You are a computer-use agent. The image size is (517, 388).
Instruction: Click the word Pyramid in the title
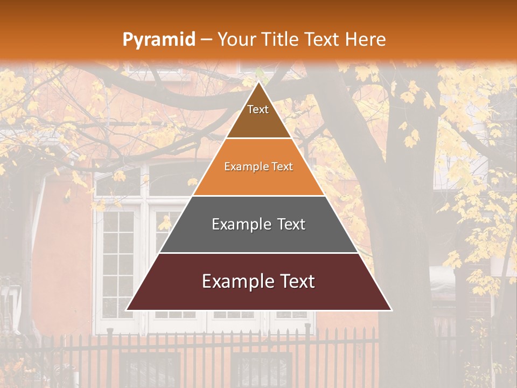tap(158, 40)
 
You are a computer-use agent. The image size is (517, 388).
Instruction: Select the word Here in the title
tap(366, 39)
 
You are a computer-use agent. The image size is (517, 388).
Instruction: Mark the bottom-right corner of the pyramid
tap(391, 310)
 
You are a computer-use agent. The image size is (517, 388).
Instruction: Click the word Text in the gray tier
tap(291, 224)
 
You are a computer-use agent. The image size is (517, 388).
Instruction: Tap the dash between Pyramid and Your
tap(206, 40)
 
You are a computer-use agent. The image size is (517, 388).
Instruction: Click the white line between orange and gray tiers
tap(258, 196)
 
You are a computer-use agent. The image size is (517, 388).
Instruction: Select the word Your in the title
tap(235, 39)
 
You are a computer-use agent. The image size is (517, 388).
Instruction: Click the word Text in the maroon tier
tap(297, 281)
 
